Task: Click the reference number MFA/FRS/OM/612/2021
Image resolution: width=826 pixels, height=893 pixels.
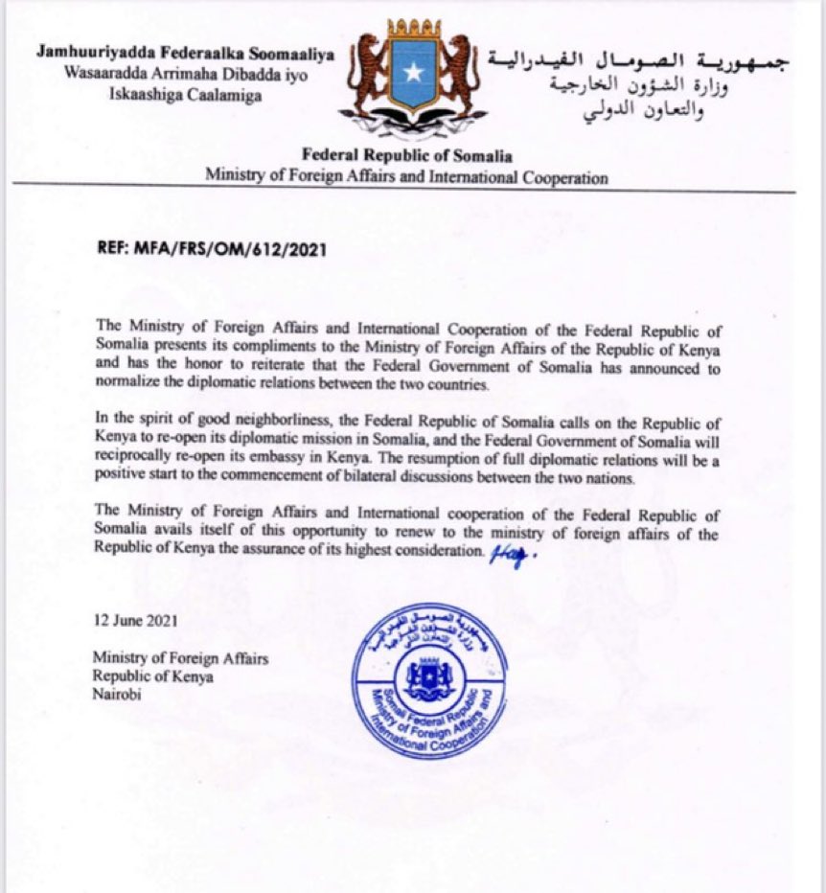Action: [x=213, y=251]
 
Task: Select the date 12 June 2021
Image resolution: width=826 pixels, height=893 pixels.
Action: [x=135, y=621]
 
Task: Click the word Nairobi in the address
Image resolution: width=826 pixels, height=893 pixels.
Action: [x=116, y=695]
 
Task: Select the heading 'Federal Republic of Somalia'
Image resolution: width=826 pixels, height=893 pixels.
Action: [x=406, y=156]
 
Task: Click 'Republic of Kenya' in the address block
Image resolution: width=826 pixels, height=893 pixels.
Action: [x=153, y=676]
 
